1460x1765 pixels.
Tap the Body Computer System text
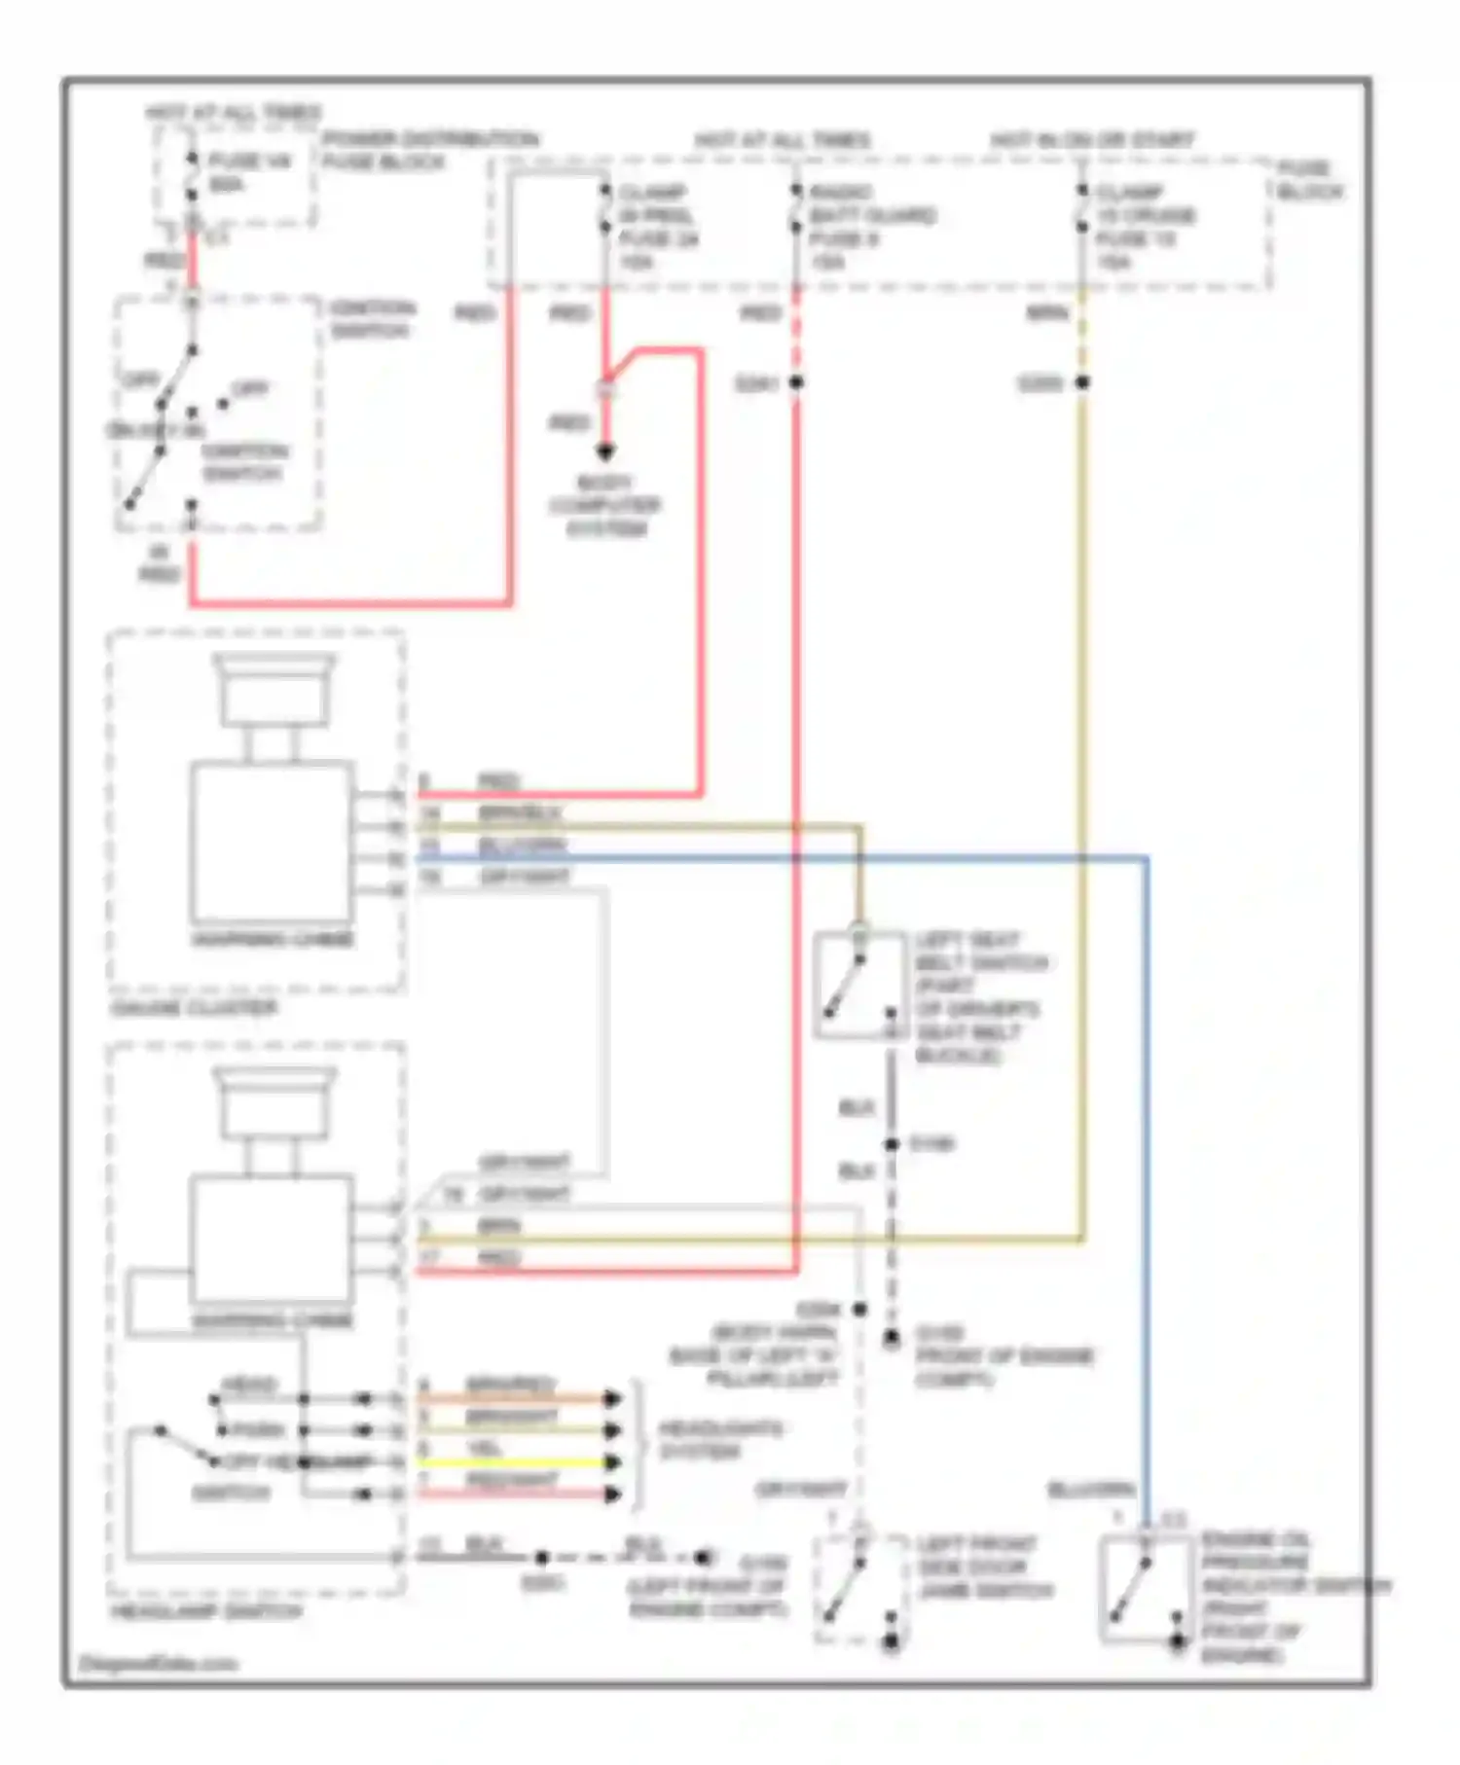coord(604,506)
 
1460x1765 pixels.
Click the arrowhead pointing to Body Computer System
coord(605,451)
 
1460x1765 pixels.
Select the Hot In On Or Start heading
coord(1092,140)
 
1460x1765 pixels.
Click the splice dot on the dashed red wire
coord(796,382)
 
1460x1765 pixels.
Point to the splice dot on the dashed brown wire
coord(1082,382)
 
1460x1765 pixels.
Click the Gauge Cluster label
coord(194,1007)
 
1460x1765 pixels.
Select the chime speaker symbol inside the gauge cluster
coord(274,689)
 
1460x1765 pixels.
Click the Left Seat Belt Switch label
coord(978,997)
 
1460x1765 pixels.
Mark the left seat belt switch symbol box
coord(858,985)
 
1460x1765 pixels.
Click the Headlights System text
coord(719,1440)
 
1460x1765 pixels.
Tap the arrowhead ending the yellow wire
coord(612,1462)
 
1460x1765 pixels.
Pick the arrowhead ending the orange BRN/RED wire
coord(612,1399)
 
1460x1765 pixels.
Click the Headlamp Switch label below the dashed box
coord(206,1611)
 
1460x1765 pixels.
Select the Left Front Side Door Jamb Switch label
coord(983,1567)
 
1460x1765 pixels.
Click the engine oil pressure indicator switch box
coord(1145,1589)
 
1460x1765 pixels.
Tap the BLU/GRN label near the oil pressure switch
coord(1090,1490)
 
